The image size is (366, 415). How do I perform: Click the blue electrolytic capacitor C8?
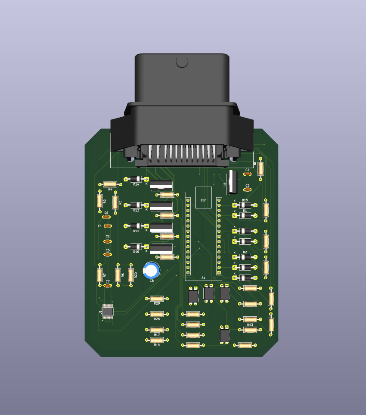coord(151,270)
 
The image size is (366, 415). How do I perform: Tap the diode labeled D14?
coord(136,179)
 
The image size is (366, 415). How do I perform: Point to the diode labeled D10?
coord(136,247)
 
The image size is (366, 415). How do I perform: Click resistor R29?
coord(156,298)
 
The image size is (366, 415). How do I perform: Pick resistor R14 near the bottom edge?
coord(156,340)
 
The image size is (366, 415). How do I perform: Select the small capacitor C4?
coord(247,174)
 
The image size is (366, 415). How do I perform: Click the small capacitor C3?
coord(247,190)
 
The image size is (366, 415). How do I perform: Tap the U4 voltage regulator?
coord(233,182)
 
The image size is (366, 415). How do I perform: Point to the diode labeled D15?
coord(245,205)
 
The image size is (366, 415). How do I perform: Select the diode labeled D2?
coord(245,257)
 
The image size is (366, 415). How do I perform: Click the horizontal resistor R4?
coord(110,184)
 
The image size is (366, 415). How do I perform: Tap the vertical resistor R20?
coord(130,275)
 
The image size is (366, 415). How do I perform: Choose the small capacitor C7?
coord(108,285)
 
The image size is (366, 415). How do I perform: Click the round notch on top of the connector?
coord(182,62)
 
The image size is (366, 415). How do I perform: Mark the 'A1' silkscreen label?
coord(203,278)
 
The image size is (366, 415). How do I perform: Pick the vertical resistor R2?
coord(100,201)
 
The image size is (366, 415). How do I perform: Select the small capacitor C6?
coord(106,217)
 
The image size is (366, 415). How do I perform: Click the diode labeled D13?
coord(136,205)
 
